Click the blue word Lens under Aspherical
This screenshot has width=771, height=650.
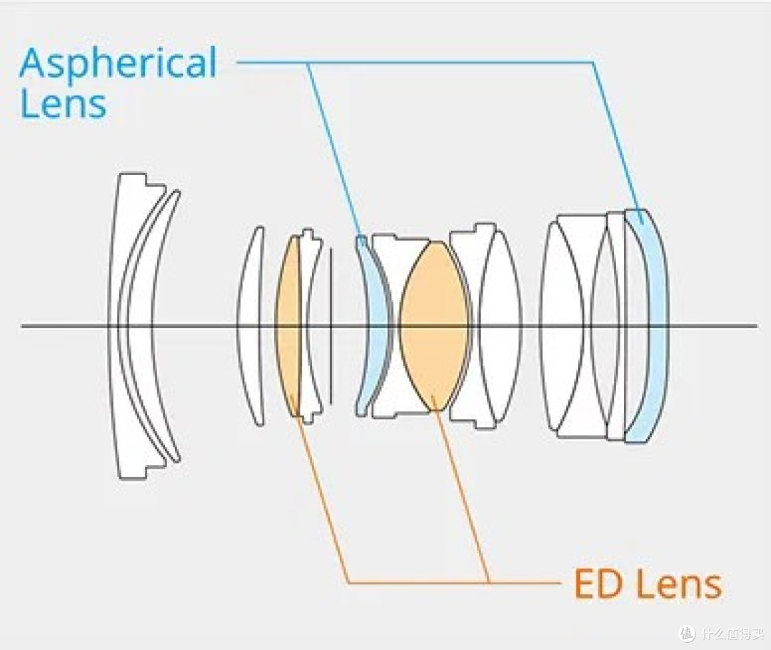[x=63, y=104]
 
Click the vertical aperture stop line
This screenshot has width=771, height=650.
[x=331, y=326]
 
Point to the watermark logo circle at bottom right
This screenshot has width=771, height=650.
[x=687, y=633]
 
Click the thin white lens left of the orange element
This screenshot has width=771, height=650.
[x=250, y=326]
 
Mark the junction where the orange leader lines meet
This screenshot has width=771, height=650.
[x=489, y=583]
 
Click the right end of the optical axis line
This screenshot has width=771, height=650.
[x=757, y=326]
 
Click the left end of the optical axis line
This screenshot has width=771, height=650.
[x=21, y=326]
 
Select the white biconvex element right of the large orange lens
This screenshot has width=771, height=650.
[x=500, y=326]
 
